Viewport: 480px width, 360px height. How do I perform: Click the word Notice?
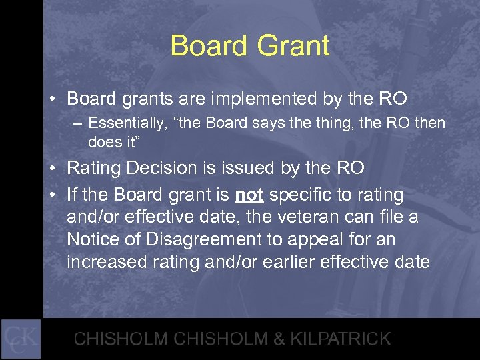point(91,239)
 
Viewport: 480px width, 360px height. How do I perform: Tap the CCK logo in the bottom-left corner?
point(21,339)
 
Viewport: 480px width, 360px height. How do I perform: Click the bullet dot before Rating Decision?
point(51,169)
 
